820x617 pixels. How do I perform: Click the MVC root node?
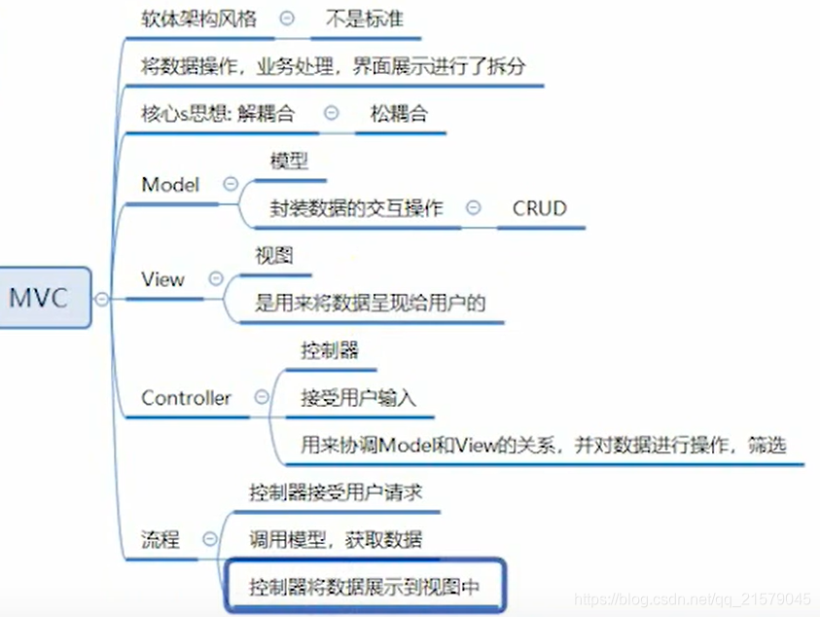[40, 298]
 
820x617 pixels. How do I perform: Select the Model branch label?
[170, 184]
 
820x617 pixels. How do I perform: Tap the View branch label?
[162, 279]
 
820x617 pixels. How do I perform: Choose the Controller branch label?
[187, 397]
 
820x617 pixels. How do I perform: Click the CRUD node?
[540, 207]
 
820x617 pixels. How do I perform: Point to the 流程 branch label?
[160, 539]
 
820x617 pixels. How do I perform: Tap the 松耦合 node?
[399, 113]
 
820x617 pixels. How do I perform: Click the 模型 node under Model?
[289, 161]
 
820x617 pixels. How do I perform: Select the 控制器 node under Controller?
[330, 350]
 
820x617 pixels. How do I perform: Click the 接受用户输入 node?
[358, 397]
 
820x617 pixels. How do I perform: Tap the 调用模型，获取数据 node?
[336, 539]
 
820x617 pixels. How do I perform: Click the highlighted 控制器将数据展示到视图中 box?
[364, 587]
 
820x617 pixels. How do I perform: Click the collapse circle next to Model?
[231, 183]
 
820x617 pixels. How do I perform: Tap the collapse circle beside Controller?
[261, 396]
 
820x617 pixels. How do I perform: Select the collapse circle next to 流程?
[209, 538]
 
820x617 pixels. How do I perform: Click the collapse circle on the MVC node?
[101, 299]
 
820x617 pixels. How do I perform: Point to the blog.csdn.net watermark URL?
[692, 599]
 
